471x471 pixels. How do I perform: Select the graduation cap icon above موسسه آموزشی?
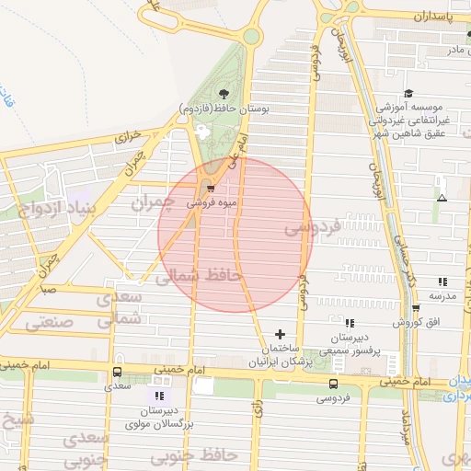(x=408, y=93)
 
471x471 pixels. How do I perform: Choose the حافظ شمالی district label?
(x=198, y=275)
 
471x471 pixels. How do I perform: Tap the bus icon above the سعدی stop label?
(x=117, y=373)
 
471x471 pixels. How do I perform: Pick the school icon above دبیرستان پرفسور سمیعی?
(x=349, y=323)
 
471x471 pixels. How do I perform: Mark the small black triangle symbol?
(x=442, y=198)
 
